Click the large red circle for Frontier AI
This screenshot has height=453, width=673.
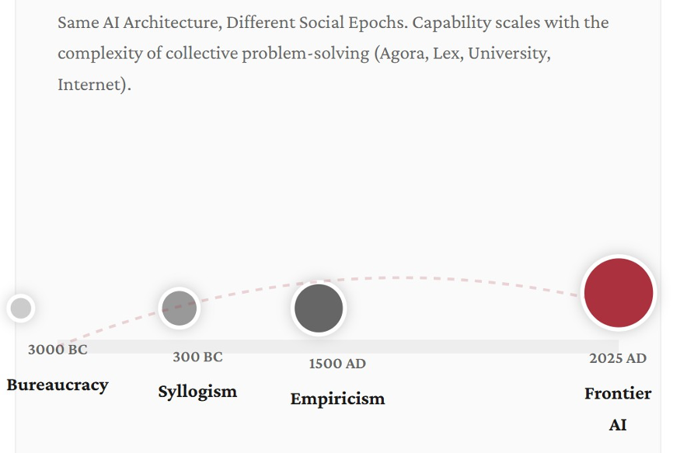(x=618, y=293)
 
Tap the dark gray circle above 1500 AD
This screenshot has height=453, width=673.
(x=319, y=308)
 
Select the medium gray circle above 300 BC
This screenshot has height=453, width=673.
(x=179, y=308)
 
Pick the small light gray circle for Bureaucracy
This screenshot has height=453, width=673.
(x=21, y=308)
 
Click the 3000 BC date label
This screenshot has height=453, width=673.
(x=58, y=350)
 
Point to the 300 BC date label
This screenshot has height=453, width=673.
(x=197, y=357)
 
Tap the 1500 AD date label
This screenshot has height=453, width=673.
(x=337, y=364)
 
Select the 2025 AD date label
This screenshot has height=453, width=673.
(x=618, y=358)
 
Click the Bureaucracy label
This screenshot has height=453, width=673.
(x=58, y=385)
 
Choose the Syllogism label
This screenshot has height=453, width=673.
(x=197, y=391)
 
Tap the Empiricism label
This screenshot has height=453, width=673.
(x=337, y=399)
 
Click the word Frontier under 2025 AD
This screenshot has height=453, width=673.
(x=618, y=393)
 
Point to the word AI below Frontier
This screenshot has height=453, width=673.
(x=618, y=425)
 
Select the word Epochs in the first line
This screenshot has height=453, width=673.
(x=378, y=23)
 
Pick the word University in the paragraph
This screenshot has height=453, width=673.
(x=507, y=54)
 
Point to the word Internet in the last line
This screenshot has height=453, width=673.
(x=90, y=84)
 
